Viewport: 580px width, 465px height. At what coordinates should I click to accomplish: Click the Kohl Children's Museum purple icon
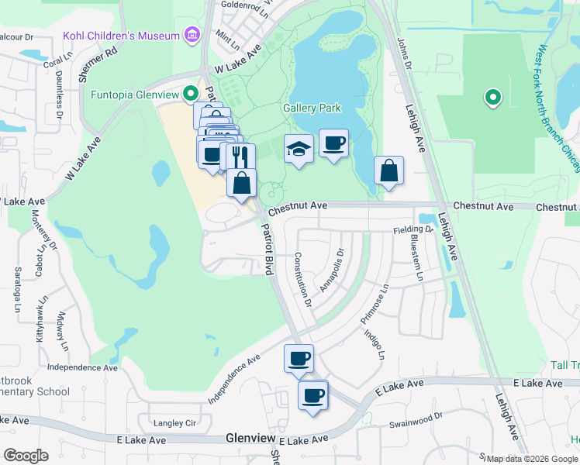tap(192, 35)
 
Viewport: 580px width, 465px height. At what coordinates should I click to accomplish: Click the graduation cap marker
tap(298, 149)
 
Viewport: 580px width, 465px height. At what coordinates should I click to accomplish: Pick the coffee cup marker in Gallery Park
tap(333, 143)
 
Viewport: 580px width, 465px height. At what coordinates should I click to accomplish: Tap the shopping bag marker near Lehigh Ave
tap(388, 170)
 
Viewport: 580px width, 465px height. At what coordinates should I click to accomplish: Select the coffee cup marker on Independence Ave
tap(299, 358)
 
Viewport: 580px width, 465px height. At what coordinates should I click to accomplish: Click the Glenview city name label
tap(250, 438)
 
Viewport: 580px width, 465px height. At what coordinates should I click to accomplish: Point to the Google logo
tap(26, 456)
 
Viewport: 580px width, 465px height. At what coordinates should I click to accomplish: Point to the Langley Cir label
tap(174, 423)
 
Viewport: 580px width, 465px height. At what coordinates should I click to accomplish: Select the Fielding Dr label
tap(413, 229)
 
